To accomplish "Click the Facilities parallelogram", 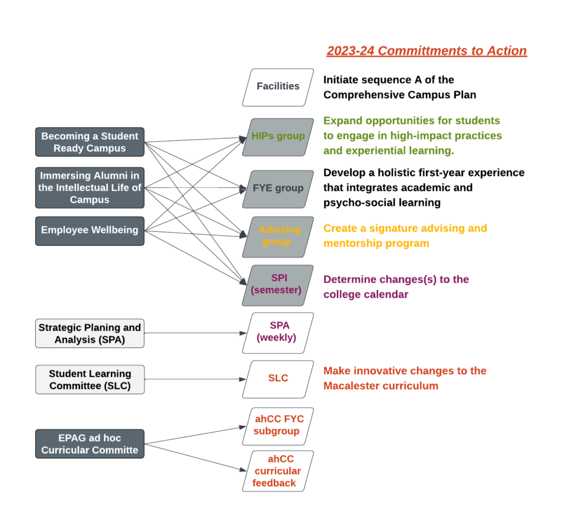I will pyautogui.click(x=278, y=87).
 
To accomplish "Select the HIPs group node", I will pyautogui.click(x=278, y=136).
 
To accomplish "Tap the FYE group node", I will pyautogui.click(x=278, y=188).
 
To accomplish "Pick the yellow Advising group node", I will pyautogui.click(x=278, y=236).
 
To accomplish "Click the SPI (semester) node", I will pyautogui.click(x=278, y=285).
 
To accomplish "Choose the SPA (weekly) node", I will pyautogui.click(x=278, y=332).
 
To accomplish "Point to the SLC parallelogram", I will pyautogui.click(x=278, y=378).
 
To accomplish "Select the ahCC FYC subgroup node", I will pyautogui.click(x=278, y=426).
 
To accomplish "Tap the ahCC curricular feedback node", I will pyautogui.click(x=278, y=471).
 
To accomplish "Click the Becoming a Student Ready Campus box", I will pyautogui.click(x=90, y=142).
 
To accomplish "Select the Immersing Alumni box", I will pyautogui.click(x=90, y=188).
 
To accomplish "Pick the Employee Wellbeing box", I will pyautogui.click(x=90, y=230).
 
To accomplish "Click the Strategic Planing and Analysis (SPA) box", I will pyautogui.click(x=90, y=333).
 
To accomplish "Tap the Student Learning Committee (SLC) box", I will pyautogui.click(x=90, y=379).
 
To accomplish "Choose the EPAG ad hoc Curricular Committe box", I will pyautogui.click(x=90, y=444).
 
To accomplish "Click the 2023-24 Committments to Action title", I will pyautogui.click(x=427, y=51).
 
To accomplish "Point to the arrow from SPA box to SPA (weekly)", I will pyautogui.click(x=193, y=333).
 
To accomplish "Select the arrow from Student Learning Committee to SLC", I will pyautogui.click(x=193, y=379).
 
